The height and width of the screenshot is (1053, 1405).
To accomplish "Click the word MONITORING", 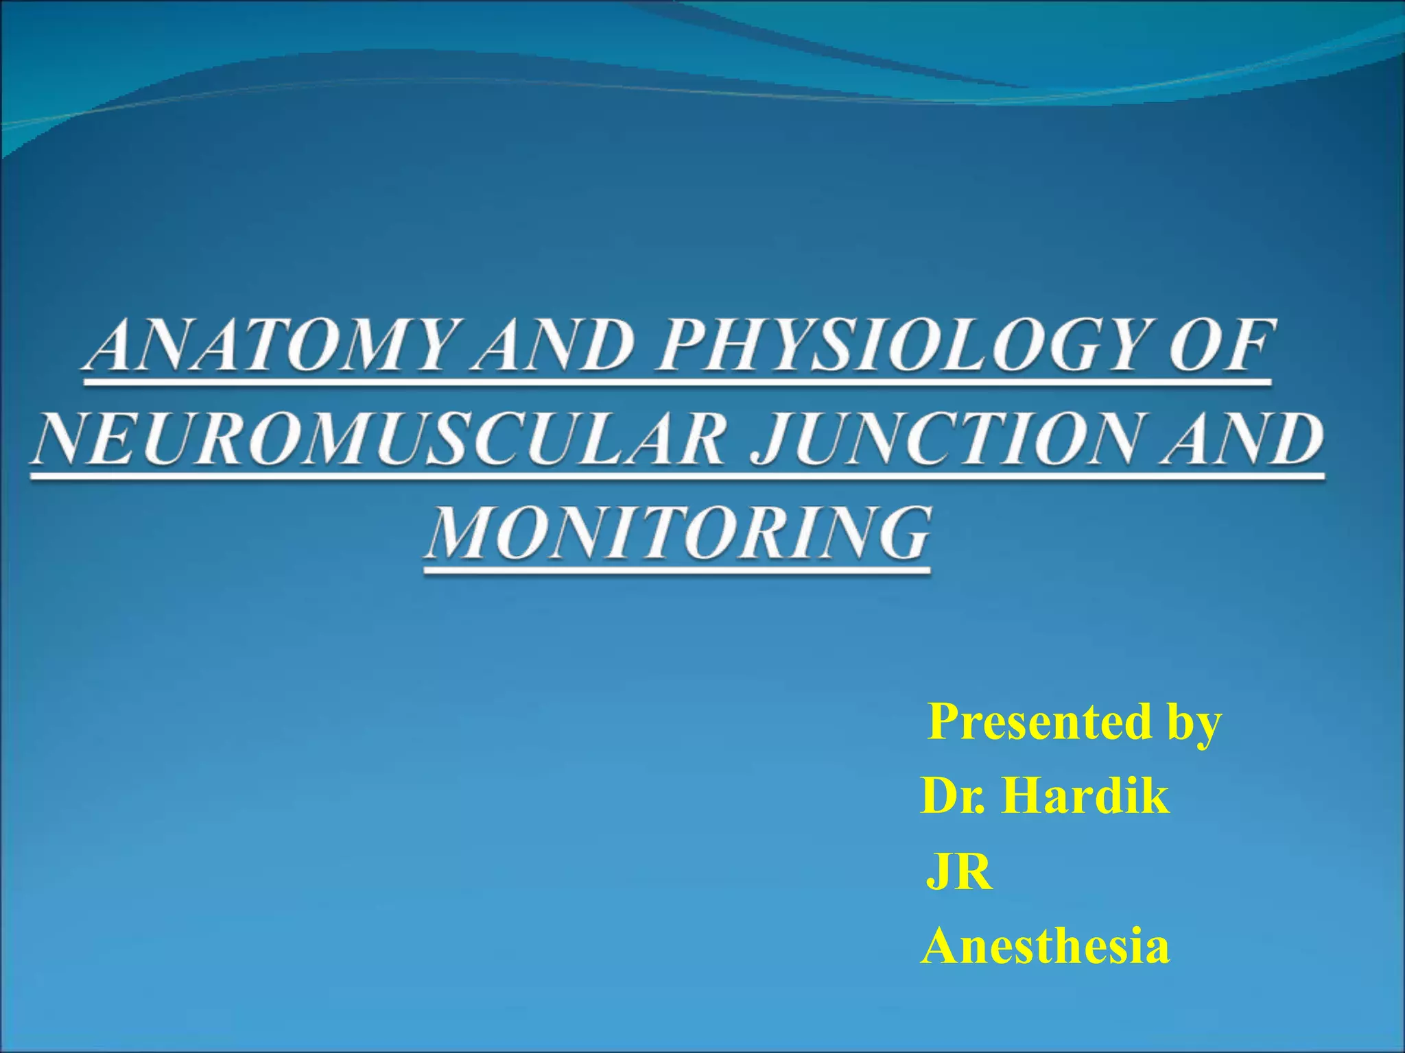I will click(678, 533).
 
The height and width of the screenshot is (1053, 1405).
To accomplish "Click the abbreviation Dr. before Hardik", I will click(953, 797).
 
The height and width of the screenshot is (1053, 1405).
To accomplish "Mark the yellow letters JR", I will click(959, 873).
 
